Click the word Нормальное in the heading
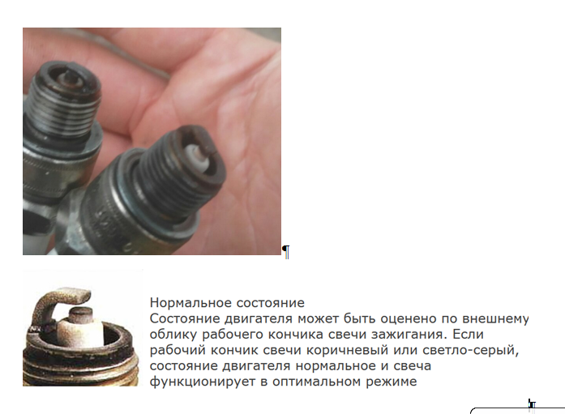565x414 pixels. [x=191, y=303]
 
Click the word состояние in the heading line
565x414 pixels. [x=270, y=303]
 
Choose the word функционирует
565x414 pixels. [x=203, y=382]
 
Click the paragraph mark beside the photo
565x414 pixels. [x=286, y=252]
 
